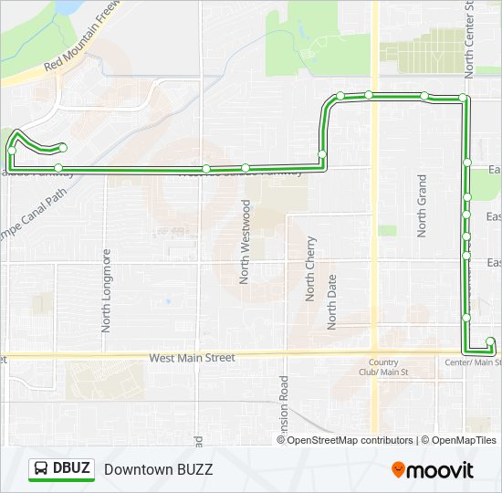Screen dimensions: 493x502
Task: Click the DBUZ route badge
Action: (61, 469)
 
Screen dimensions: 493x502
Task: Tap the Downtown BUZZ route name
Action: (158, 469)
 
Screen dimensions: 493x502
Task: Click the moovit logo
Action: (433, 470)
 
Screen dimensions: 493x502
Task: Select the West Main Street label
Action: (193, 358)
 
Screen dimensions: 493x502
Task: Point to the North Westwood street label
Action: (246, 242)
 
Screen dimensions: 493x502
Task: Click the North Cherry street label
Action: (311, 268)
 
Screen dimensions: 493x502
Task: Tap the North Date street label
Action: (332, 301)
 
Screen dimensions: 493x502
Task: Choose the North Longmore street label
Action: (106, 289)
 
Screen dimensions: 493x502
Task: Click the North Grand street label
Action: (423, 206)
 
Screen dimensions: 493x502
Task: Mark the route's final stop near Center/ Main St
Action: (490, 342)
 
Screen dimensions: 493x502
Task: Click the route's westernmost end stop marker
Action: (63, 147)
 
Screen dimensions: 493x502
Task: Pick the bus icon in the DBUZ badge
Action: (42, 469)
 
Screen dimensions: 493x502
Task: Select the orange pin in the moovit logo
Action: (399, 470)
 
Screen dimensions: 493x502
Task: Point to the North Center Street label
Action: (469, 37)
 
